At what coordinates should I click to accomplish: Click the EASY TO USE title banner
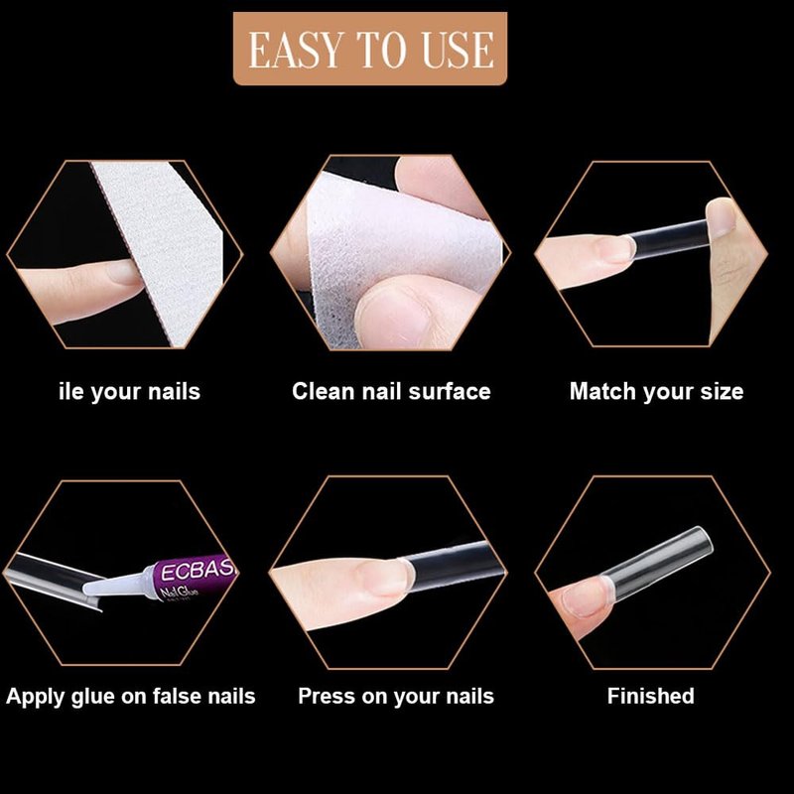pyautogui.click(x=369, y=49)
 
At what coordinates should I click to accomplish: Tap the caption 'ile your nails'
pyautogui.click(x=130, y=392)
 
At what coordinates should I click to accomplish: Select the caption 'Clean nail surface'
pyautogui.click(x=391, y=391)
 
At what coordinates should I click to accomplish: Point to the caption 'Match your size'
pyautogui.click(x=656, y=392)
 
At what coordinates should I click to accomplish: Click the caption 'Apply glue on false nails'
pyautogui.click(x=131, y=697)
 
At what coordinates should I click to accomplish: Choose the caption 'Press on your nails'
pyautogui.click(x=396, y=697)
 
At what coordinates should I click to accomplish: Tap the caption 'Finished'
pyautogui.click(x=651, y=696)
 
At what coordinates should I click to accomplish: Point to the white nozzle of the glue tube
pyautogui.click(x=114, y=584)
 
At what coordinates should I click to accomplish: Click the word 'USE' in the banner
pyautogui.click(x=458, y=50)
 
